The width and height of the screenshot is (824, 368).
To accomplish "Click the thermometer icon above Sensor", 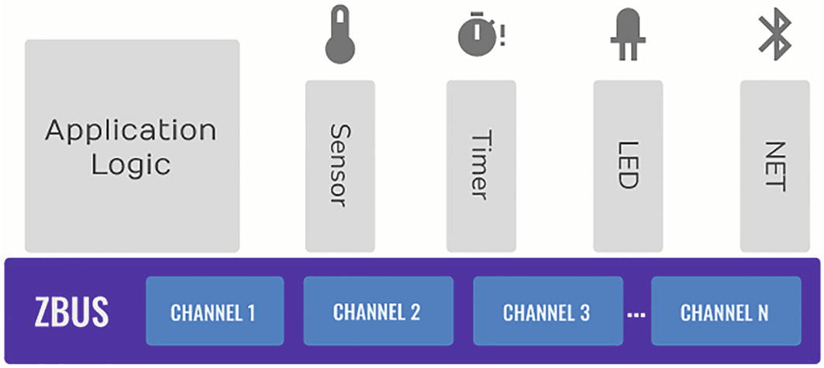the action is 340,36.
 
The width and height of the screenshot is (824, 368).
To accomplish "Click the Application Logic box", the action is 132,146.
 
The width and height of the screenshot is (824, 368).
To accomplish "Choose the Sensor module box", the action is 340,166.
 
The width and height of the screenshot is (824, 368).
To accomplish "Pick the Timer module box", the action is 481,166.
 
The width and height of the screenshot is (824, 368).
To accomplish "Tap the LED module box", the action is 627,166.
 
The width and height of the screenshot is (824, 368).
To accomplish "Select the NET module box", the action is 774,166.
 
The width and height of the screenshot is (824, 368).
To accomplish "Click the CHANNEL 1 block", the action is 214,312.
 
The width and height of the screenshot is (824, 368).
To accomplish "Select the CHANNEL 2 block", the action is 377,312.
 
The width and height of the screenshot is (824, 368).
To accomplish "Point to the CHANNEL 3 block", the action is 546,312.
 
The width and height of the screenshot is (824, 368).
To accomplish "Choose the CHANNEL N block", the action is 724,312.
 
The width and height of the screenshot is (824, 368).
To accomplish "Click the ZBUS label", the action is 71,312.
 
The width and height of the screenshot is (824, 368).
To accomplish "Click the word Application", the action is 130,129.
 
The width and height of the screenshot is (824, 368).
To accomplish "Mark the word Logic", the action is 130,164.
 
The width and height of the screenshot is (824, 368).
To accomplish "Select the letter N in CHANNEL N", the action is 763,312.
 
